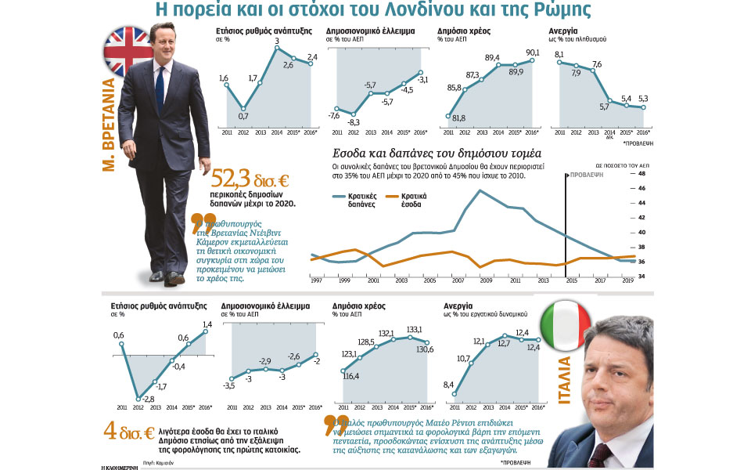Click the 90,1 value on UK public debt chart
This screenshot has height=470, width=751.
click(534, 52)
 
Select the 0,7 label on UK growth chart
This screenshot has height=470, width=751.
click(243, 116)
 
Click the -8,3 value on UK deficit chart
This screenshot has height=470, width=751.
click(354, 122)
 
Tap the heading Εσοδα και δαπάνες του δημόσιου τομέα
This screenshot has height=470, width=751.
click(432, 154)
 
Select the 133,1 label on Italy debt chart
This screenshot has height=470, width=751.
click(415, 329)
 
